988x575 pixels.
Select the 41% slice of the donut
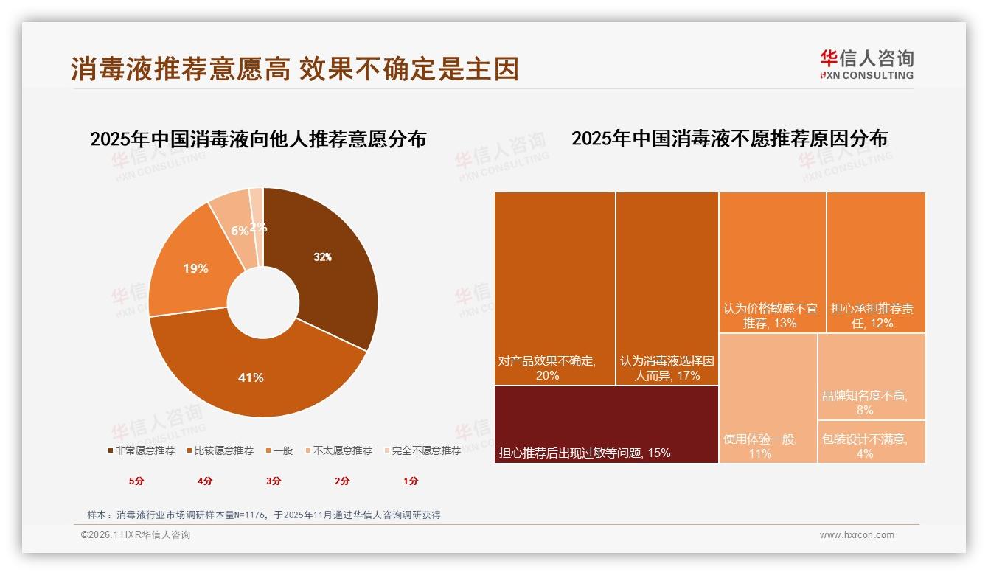[x=251, y=376]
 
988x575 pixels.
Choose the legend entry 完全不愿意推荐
[x=422, y=450]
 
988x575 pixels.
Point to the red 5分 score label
[x=136, y=481]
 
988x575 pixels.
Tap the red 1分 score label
[x=411, y=481]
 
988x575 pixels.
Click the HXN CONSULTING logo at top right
[x=866, y=65]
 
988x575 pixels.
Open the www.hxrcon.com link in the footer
[x=857, y=535]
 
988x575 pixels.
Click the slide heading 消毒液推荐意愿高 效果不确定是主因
[x=295, y=69]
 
